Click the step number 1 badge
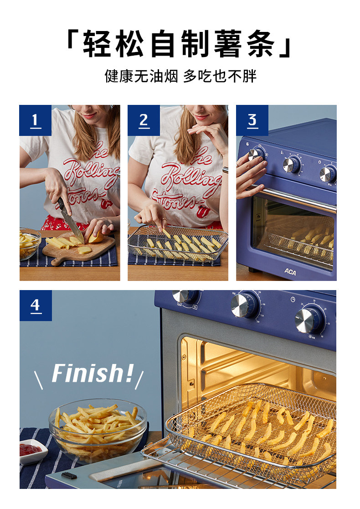click(36, 120)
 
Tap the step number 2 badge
click(144, 120)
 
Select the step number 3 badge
click(252, 120)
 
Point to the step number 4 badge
click(36, 306)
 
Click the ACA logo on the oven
click(290, 272)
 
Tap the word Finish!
click(93, 373)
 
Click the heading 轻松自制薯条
click(180, 44)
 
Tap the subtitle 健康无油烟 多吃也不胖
click(180, 77)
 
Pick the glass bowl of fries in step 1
click(29, 244)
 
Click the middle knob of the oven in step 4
click(245, 305)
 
